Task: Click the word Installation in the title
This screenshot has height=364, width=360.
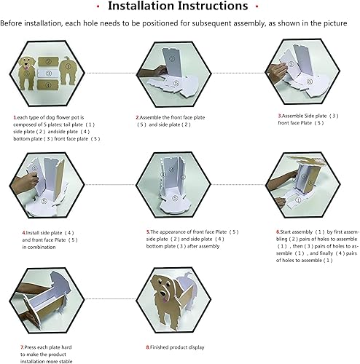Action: (145, 7)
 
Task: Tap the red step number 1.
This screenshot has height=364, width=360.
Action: (15, 116)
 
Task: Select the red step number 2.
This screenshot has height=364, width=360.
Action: (137, 116)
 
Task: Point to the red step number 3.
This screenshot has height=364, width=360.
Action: (279, 116)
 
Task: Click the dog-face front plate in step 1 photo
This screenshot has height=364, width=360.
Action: (27, 71)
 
